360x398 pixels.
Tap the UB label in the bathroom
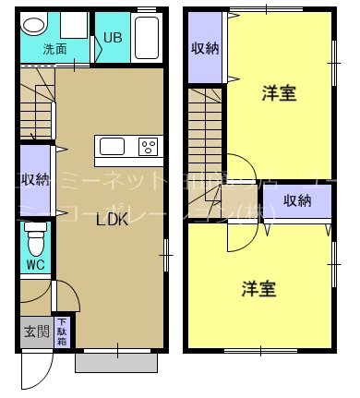(x=113, y=38)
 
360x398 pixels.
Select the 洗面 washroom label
(x=55, y=49)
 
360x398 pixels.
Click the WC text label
(x=35, y=264)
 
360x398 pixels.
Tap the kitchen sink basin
(x=113, y=146)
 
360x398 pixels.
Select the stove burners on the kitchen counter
(x=149, y=146)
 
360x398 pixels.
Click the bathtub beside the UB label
(x=147, y=37)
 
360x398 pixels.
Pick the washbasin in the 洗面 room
(x=33, y=25)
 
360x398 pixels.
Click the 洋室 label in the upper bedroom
(x=278, y=92)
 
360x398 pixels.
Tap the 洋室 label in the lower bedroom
(x=259, y=288)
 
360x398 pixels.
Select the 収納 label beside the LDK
(x=36, y=179)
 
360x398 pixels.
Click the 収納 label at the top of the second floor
(x=205, y=49)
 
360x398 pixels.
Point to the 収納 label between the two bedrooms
(x=297, y=200)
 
